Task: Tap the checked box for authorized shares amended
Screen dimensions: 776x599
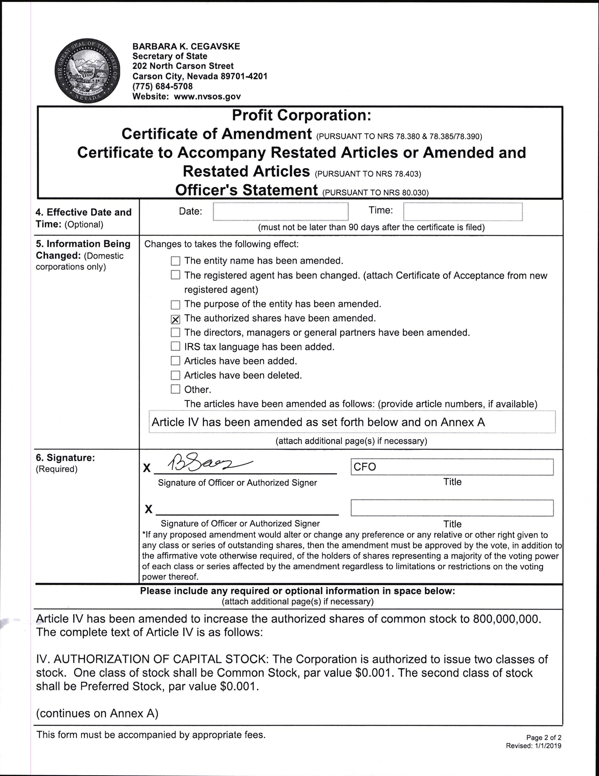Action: (175, 319)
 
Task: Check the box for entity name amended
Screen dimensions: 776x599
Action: (175, 261)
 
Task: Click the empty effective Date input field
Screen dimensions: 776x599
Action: (281, 212)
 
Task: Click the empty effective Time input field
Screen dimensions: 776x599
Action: (463, 212)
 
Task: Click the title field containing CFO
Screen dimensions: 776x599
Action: (452, 467)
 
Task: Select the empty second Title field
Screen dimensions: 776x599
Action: (452, 508)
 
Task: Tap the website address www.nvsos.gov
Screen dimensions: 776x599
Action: (207, 96)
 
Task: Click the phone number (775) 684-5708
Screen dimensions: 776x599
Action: (163, 86)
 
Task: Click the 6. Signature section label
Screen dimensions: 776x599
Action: (65, 458)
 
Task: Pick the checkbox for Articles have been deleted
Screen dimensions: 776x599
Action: (175, 375)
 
